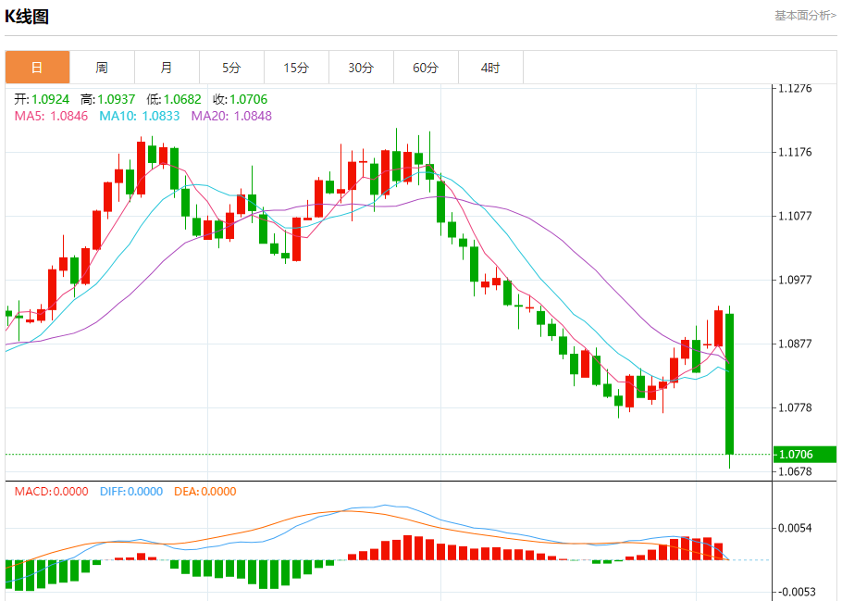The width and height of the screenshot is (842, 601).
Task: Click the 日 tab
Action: click(x=37, y=68)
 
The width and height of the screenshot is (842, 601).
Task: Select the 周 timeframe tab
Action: click(x=102, y=68)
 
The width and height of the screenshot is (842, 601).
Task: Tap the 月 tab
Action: click(x=167, y=68)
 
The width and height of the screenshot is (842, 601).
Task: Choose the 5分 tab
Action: click(x=231, y=68)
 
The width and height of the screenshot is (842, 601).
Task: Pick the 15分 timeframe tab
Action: click(x=296, y=68)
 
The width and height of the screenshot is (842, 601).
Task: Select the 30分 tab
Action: click(x=361, y=68)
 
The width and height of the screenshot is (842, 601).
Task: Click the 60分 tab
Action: click(x=426, y=68)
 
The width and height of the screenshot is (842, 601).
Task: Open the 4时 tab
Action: click(x=490, y=68)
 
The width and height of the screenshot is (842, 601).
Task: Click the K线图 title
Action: click(x=27, y=17)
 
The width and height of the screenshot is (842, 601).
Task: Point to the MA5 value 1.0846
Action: click(x=69, y=116)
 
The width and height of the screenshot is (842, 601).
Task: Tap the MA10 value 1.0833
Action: click(x=161, y=116)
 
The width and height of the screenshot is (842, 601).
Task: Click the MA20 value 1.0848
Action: click(x=253, y=116)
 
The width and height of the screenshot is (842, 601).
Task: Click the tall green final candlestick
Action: click(x=730, y=383)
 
